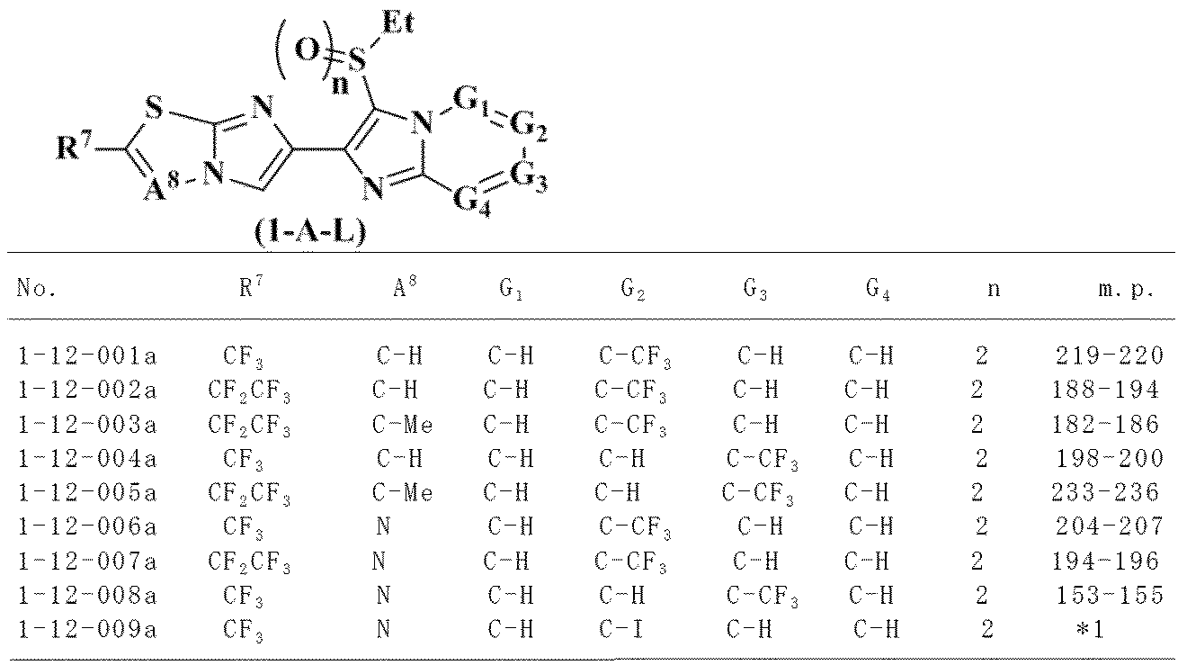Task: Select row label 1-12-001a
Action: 87,356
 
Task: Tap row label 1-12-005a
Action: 87,492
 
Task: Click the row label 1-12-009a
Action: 87,629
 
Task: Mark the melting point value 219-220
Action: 1110,356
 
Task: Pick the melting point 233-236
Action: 1105,492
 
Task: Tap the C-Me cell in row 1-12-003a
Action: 402,425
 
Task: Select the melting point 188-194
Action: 1105,391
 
